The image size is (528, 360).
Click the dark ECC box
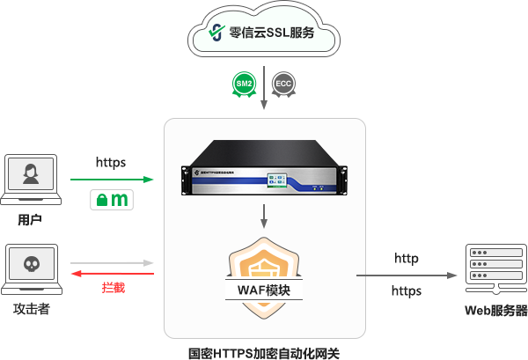point(283,84)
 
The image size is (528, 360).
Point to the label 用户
point(30,217)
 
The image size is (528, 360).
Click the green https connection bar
point(112,180)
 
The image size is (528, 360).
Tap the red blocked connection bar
point(112,274)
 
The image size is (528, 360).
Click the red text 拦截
point(113,288)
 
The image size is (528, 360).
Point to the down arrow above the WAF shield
point(264,215)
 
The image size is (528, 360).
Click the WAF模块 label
point(264,290)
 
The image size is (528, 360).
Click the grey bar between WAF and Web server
point(407,276)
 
